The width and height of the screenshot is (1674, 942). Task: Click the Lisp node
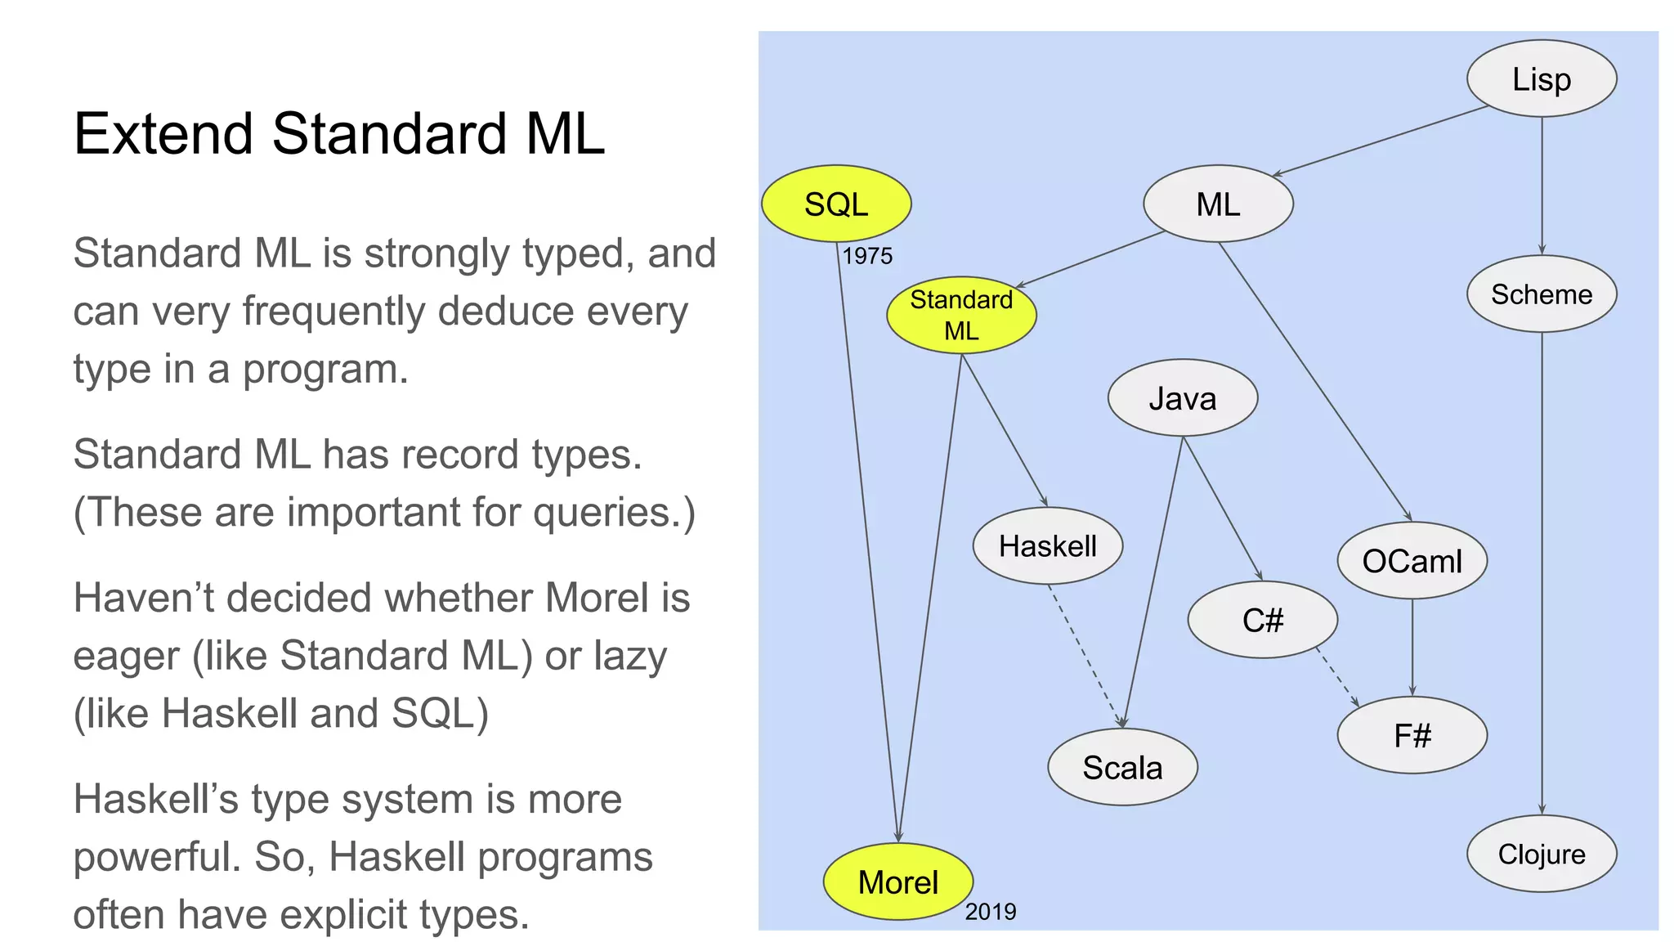tap(1541, 79)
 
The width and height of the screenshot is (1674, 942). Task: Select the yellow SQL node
tap(835, 204)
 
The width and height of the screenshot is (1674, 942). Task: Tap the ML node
tap(1217, 204)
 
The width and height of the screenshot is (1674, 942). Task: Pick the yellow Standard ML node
tap(961, 315)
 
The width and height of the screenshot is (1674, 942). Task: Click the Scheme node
tap(1541, 294)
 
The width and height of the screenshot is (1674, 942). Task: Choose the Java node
tap(1182, 398)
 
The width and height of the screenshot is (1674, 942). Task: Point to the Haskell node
tap(1047, 545)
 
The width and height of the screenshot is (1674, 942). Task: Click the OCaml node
tap(1412, 561)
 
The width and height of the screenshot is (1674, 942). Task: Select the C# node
tap(1262, 620)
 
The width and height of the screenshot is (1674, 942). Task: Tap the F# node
tap(1412, 735)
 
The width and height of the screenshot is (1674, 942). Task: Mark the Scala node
tap(1122, 767)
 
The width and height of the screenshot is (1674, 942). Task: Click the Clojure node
tap(1541, 854)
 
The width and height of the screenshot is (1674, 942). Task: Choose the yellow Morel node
tap(897, 881)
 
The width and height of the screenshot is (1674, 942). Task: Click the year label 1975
tap(867, 256)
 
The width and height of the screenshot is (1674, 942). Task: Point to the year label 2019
tap(990, 912)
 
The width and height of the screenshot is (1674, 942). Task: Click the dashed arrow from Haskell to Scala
tap(1085, 655)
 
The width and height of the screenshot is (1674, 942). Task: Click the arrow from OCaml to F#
tap(1412, 647)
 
